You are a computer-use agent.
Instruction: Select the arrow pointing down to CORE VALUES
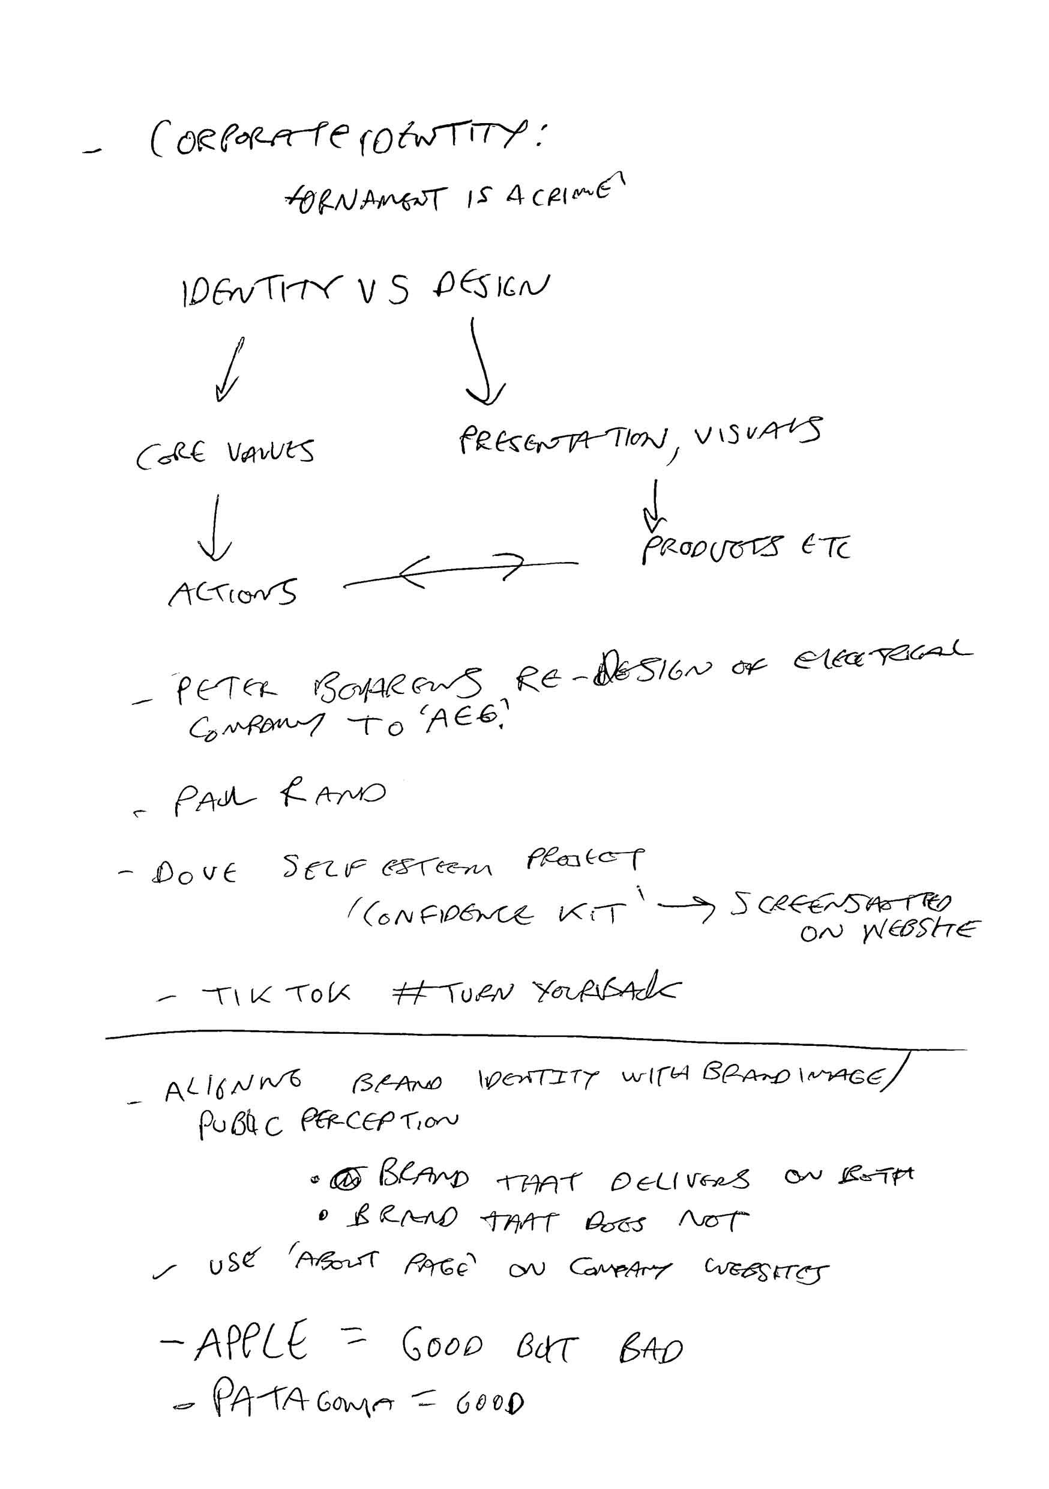pyautogui.click(x=230, y=369)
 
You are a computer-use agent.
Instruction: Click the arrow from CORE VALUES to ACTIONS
pyautogui.click(x=215, y=528)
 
